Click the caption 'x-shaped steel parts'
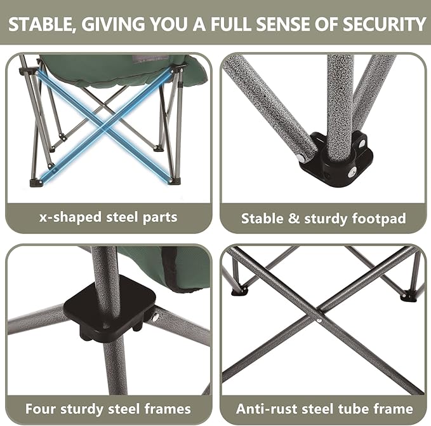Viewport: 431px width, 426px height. [x=109, y=217]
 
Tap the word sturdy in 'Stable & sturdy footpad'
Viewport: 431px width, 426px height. [x=327, y=219]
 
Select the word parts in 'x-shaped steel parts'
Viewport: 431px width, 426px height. [x=159, y=217]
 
